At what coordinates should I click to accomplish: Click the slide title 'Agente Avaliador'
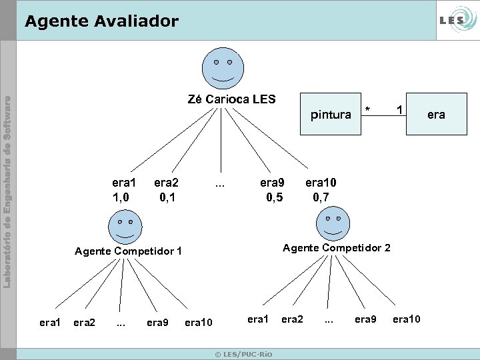pos(101,21)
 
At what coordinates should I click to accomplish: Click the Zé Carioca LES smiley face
pos(223,69)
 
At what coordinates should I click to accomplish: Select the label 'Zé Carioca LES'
pos(231,99)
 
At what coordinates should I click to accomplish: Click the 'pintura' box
pos(331,115)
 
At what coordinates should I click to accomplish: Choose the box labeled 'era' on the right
pos(436,115)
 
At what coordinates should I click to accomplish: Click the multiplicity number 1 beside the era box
pos(399,109)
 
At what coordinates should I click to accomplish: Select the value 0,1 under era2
pos(167,197)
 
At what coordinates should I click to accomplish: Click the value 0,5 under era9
pos(274,197)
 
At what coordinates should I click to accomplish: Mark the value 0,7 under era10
pos(321,197)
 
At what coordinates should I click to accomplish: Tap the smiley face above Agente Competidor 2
pos(333,225)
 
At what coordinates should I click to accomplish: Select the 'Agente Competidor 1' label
pos(128,251)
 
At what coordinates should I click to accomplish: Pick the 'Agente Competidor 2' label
pos(337,248)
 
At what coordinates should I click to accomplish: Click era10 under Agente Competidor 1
pos(198,323)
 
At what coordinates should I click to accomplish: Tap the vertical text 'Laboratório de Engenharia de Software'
pos(8,193)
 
